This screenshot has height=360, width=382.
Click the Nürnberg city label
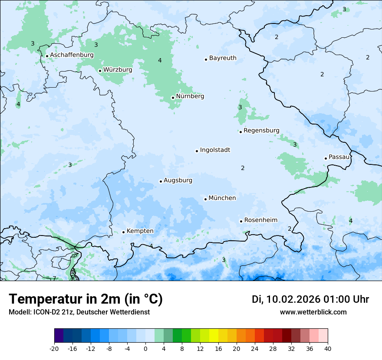(x=190, y=96)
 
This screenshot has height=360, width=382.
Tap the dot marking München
(x=205, y=199)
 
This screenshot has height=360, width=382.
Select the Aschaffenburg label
(x=72, y=55)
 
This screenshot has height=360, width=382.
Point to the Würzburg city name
(x=118, y=69)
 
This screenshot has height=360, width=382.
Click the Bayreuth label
(x=223, y=58)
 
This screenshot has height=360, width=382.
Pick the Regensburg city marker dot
(x=240, y=132)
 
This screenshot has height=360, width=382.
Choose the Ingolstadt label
(x=215, y=150)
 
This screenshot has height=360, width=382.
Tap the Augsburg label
(x=178, y=180)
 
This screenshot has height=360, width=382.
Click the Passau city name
(x=339, y=157)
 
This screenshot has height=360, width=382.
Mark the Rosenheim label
(x=260, y=220)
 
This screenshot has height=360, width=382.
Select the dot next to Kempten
(x=123, y=232)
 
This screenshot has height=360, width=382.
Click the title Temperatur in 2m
(x=86, y=299)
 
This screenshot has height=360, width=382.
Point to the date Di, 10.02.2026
(x=286, y=299)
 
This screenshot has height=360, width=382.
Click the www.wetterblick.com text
(x=313, y=312)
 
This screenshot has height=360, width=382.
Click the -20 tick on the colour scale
(x=54, y=348)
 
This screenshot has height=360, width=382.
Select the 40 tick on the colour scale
(x=327, y=348)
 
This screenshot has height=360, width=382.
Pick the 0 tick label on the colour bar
(x=145, y=348)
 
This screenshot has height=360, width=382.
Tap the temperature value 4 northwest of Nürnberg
(x=160, y=60)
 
